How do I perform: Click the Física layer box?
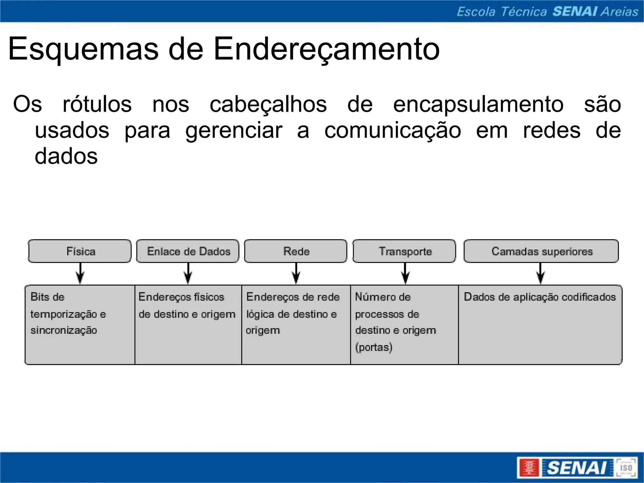[80, 251]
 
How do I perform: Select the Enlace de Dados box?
[188, 251]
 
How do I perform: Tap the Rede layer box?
[296, 251]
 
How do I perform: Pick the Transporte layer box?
[404, 251]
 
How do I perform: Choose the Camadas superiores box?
[541, 251]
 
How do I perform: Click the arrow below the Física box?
[80, 274]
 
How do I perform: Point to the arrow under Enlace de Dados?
[188, 274]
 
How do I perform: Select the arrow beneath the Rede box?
[296, 274]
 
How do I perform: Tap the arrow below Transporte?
[405, 274]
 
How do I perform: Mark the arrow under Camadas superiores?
[541, 274]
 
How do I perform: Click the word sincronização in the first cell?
[64, 330]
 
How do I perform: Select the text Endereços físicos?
[181, 297]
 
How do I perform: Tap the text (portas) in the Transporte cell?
[374, 347]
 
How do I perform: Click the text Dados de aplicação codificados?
[540, 297]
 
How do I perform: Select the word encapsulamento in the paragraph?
[478, 104]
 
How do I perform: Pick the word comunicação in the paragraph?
[392, 130]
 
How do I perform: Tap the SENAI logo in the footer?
[577, 468]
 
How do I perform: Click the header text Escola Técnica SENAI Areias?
[547, 12]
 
